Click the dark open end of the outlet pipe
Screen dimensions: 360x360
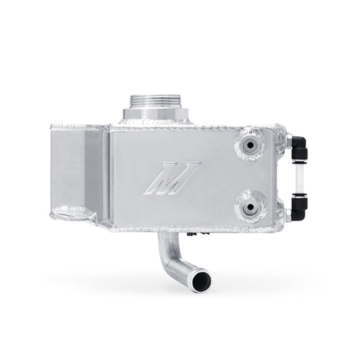[x=200, y=281]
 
